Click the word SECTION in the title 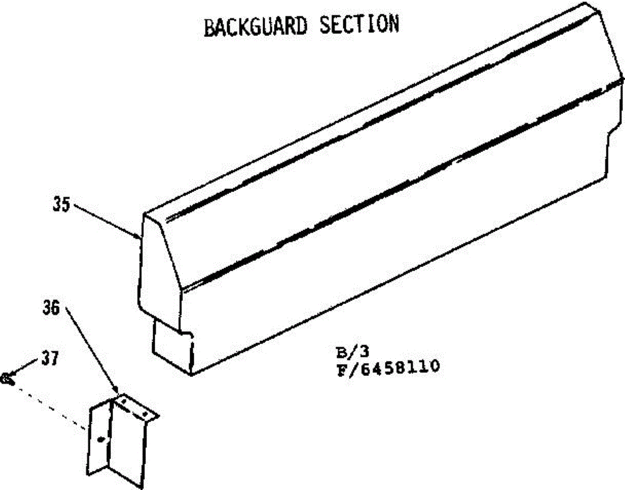click(x=359, y=24)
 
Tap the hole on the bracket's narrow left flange click(x=101, y=440)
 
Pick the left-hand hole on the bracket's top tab click(x=124, y=401)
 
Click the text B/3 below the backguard click(x=342, y=353)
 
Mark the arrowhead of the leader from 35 click(x=137, y=237)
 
